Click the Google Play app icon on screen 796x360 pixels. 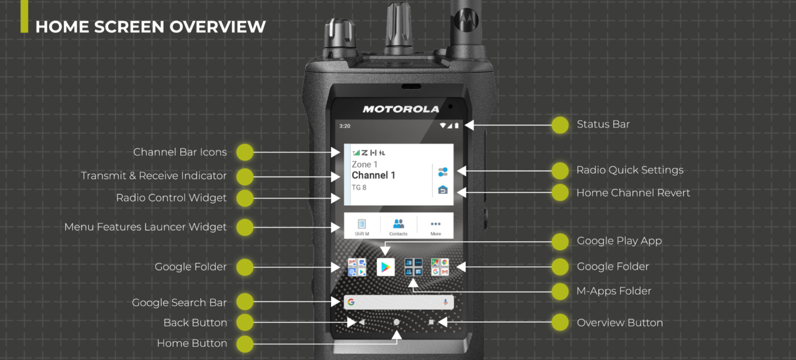click(386, 267)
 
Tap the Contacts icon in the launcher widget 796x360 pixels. click(399, 224)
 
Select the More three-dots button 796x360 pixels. click(436, 224)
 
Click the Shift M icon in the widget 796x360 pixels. click(362, 224)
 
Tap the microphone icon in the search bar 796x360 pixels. click(445, 302)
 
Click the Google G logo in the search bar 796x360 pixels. click(351, 302)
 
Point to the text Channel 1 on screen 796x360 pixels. click(373, 175)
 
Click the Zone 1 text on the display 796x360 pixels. click(364, 165)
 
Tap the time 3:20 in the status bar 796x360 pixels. click(345, 126)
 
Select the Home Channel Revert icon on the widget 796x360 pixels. click(443, 190)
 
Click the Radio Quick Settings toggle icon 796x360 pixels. click(443, 172)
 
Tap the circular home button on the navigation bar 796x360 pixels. click(396, 322)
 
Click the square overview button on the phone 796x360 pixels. click(431, 322)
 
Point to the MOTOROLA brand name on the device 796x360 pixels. click(401, 109)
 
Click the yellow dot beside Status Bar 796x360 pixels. click(560, 125)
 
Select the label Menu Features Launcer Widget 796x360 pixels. click(146, 227)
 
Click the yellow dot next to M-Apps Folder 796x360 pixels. click(560, 292)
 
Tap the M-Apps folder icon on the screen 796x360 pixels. click(414, 267)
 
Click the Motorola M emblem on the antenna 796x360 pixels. click(466, 19)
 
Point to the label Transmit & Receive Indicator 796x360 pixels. click(154, 175)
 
